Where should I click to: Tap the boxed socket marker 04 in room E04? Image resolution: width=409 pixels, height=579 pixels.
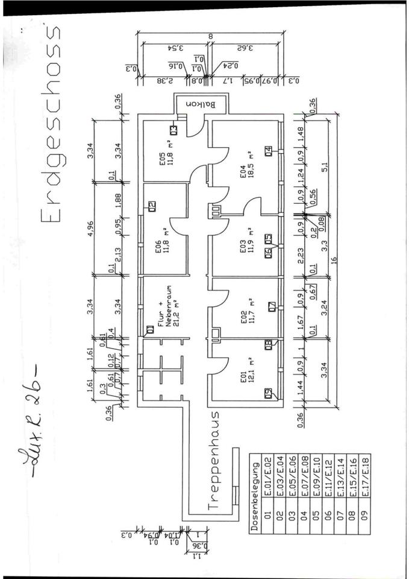(269, 150)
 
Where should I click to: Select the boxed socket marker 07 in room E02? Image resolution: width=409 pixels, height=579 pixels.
(271, 306)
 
